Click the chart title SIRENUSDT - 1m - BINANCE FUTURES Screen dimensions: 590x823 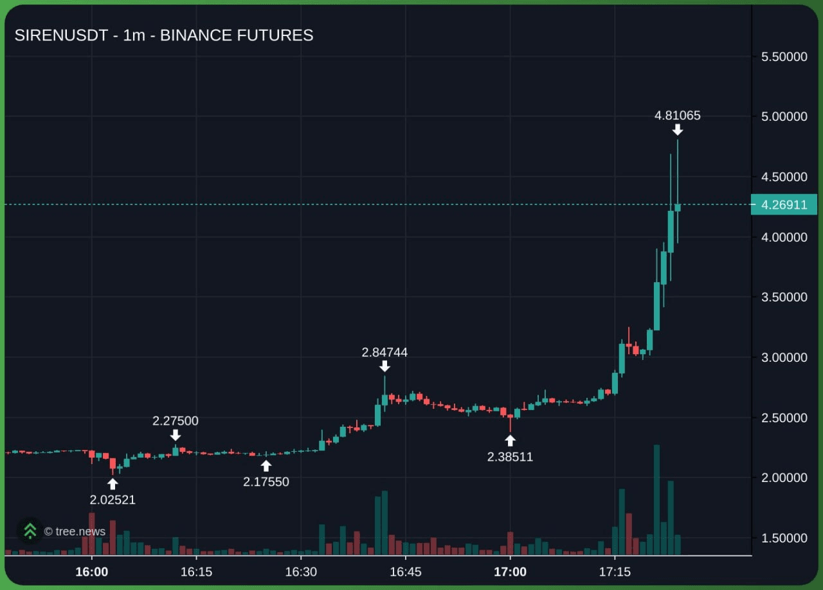164,35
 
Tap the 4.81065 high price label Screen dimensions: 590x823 677,116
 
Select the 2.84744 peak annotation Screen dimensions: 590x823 384,352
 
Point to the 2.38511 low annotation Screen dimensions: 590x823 510,457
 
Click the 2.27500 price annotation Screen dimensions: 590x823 176,421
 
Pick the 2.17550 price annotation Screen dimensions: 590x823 266,481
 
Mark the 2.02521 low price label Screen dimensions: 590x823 113,499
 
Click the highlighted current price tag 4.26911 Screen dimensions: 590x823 784,205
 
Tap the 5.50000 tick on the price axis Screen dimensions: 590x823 784,57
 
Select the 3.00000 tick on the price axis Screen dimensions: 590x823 784,357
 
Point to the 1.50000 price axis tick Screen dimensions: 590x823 784,538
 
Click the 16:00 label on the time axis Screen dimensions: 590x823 91,572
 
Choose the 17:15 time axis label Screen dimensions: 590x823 615,572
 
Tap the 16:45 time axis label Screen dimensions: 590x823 406,572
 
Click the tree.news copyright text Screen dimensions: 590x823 75,532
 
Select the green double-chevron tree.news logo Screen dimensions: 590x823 30,531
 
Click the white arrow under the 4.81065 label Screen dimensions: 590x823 678,130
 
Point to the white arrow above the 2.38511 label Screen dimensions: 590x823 510,440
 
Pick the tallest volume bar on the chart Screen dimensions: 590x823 656,499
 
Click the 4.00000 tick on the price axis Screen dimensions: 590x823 784,237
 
